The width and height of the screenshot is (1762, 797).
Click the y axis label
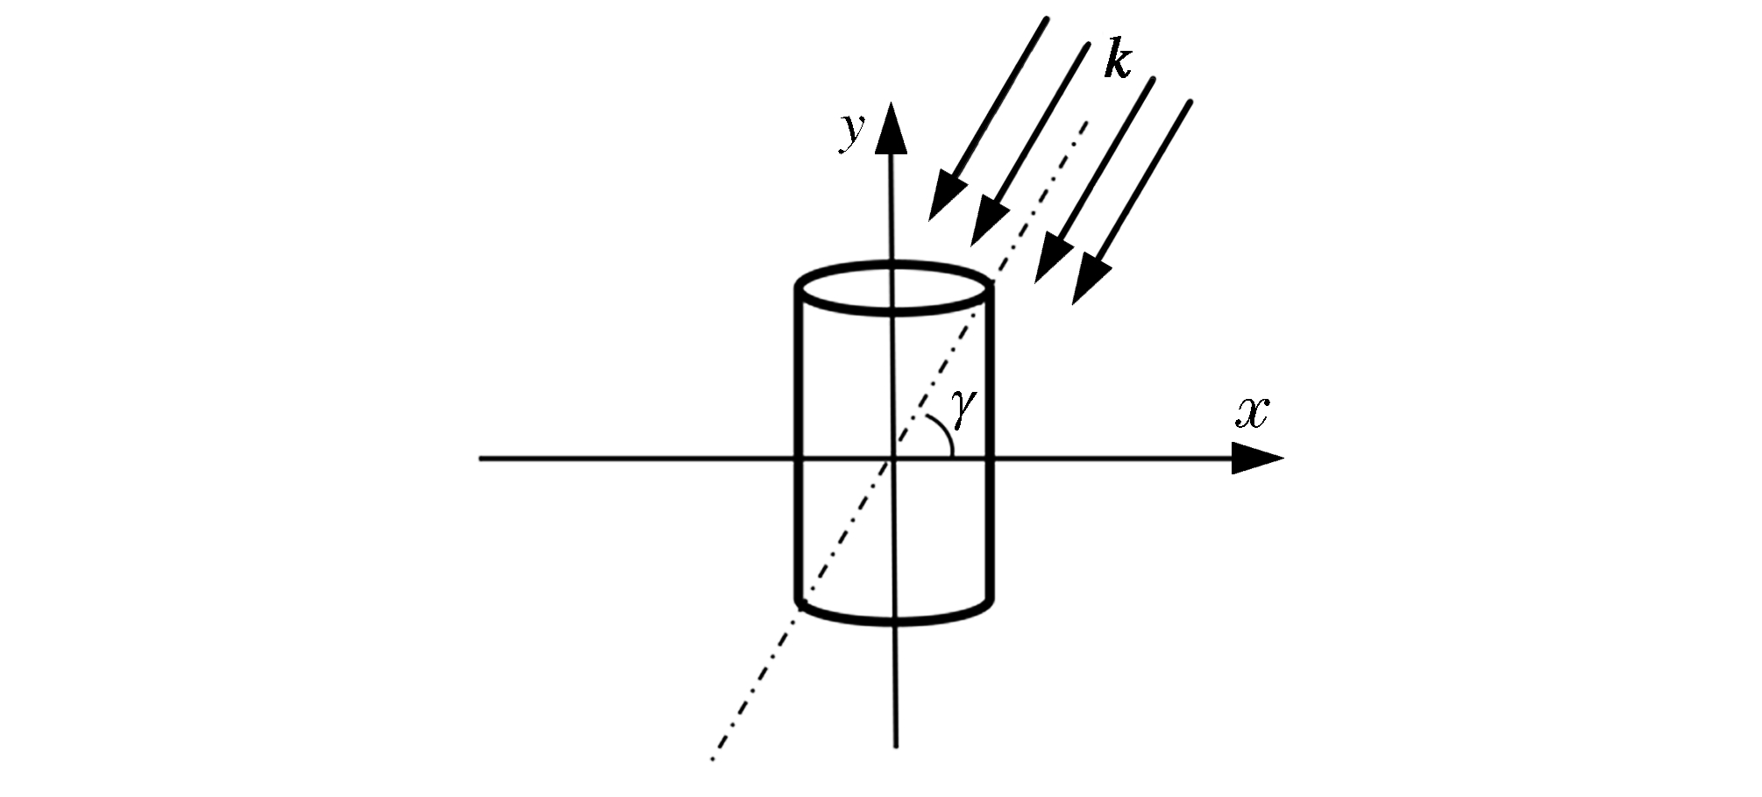pos(851,133)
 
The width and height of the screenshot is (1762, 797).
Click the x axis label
pos(1253,413)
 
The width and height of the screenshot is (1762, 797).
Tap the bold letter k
pos(1118,60)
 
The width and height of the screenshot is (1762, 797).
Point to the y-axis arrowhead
pos(892,128)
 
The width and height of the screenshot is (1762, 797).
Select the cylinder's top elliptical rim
pos(894,287)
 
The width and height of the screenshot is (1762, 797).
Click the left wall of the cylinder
pos(799,446)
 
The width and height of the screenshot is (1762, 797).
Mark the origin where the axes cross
pos(892,458)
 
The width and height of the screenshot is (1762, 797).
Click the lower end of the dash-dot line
pos(712,758)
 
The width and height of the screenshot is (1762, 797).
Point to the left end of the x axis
pos(480,458)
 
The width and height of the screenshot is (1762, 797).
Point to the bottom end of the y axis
pos(895,747)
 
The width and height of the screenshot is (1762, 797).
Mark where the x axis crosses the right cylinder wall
pos(991,458)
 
